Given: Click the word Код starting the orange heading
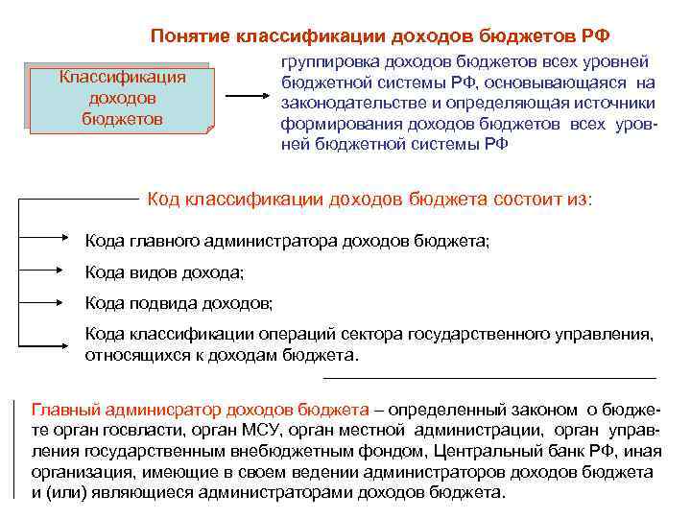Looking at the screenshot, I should (162, 199).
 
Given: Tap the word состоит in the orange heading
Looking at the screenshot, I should (529, 199).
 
